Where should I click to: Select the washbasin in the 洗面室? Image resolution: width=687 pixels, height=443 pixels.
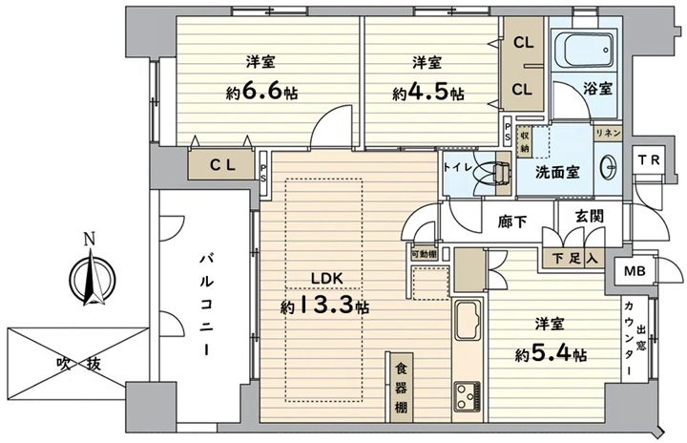click(x=610, y=166)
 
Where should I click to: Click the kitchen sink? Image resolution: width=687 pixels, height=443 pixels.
click(x=468, y=321)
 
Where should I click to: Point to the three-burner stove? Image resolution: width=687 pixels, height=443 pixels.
click(x=467, y=396)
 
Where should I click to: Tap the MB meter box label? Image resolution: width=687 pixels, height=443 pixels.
click(x=635, y=271)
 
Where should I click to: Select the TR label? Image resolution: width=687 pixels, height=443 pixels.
click(x=649, y=159)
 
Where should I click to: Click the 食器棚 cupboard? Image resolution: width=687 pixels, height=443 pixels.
click(x=401, y=387)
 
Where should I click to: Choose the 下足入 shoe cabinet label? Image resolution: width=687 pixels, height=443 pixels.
click(x=574, y=259)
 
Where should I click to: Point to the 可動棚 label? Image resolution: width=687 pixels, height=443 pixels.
click(x=424, y=254)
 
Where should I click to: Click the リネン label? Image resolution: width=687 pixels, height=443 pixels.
click(x=608, y=133)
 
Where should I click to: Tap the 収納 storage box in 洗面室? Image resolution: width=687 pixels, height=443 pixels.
click(x=524, y=141)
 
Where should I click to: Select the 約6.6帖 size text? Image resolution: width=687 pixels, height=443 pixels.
click(x=262, y=92)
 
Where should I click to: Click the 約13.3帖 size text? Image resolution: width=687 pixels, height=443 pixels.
click(x=324, y=306)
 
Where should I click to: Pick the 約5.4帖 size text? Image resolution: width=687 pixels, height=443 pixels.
click(x=552, y=353)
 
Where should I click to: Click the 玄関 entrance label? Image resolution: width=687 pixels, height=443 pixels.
click(x=590, y=216)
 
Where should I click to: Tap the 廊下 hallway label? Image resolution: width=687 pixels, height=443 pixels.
click(x=512, y=221)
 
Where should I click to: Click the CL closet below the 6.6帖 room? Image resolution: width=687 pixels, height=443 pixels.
click(x=222, y=164)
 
